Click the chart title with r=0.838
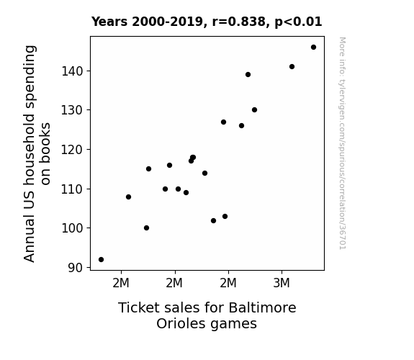[207, 22]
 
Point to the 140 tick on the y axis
[72, 71]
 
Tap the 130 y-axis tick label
[72, 110]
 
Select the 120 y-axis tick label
[72, 150]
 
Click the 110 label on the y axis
[72, 189]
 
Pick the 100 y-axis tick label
[72, 228]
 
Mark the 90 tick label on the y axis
[76, 268]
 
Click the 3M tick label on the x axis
[282, 283]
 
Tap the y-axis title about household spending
[37, 153]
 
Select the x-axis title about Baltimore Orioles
[207, 315]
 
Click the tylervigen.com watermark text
[342, 143]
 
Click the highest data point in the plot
[313, 48]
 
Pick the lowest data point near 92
[101, 260]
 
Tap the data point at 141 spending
[292, 66]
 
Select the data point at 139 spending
[248, 74]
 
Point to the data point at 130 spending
[255, 110]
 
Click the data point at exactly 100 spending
[147, 228]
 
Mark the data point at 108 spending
[129, 197]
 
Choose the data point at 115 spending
[148, 168]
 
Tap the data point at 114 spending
[205, 174]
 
